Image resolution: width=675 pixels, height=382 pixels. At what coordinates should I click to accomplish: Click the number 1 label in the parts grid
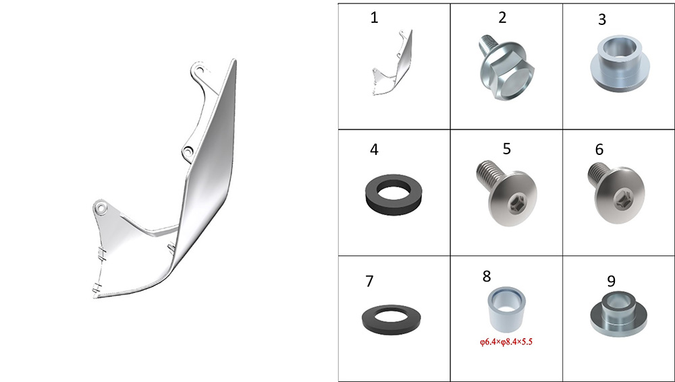point(374,18)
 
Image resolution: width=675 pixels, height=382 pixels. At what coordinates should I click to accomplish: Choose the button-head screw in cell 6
point(616,193)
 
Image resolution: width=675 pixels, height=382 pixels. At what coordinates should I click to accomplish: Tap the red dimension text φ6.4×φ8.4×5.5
point(506,342)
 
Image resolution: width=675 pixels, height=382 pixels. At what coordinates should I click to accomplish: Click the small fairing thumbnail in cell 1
point(392,62)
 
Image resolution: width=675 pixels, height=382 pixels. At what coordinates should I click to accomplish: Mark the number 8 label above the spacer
point(487,276)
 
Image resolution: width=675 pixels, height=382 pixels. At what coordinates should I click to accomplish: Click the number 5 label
point(507,148)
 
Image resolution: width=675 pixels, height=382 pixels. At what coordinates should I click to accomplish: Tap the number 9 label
point(611,281)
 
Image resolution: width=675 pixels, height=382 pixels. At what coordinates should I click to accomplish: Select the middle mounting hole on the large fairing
point(188,152)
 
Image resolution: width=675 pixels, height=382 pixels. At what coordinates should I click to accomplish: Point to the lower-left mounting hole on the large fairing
point(101,208)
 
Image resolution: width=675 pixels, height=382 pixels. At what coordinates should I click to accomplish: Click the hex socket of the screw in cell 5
point(512,201)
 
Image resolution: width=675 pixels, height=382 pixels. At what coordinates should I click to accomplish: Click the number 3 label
point(602,20)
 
